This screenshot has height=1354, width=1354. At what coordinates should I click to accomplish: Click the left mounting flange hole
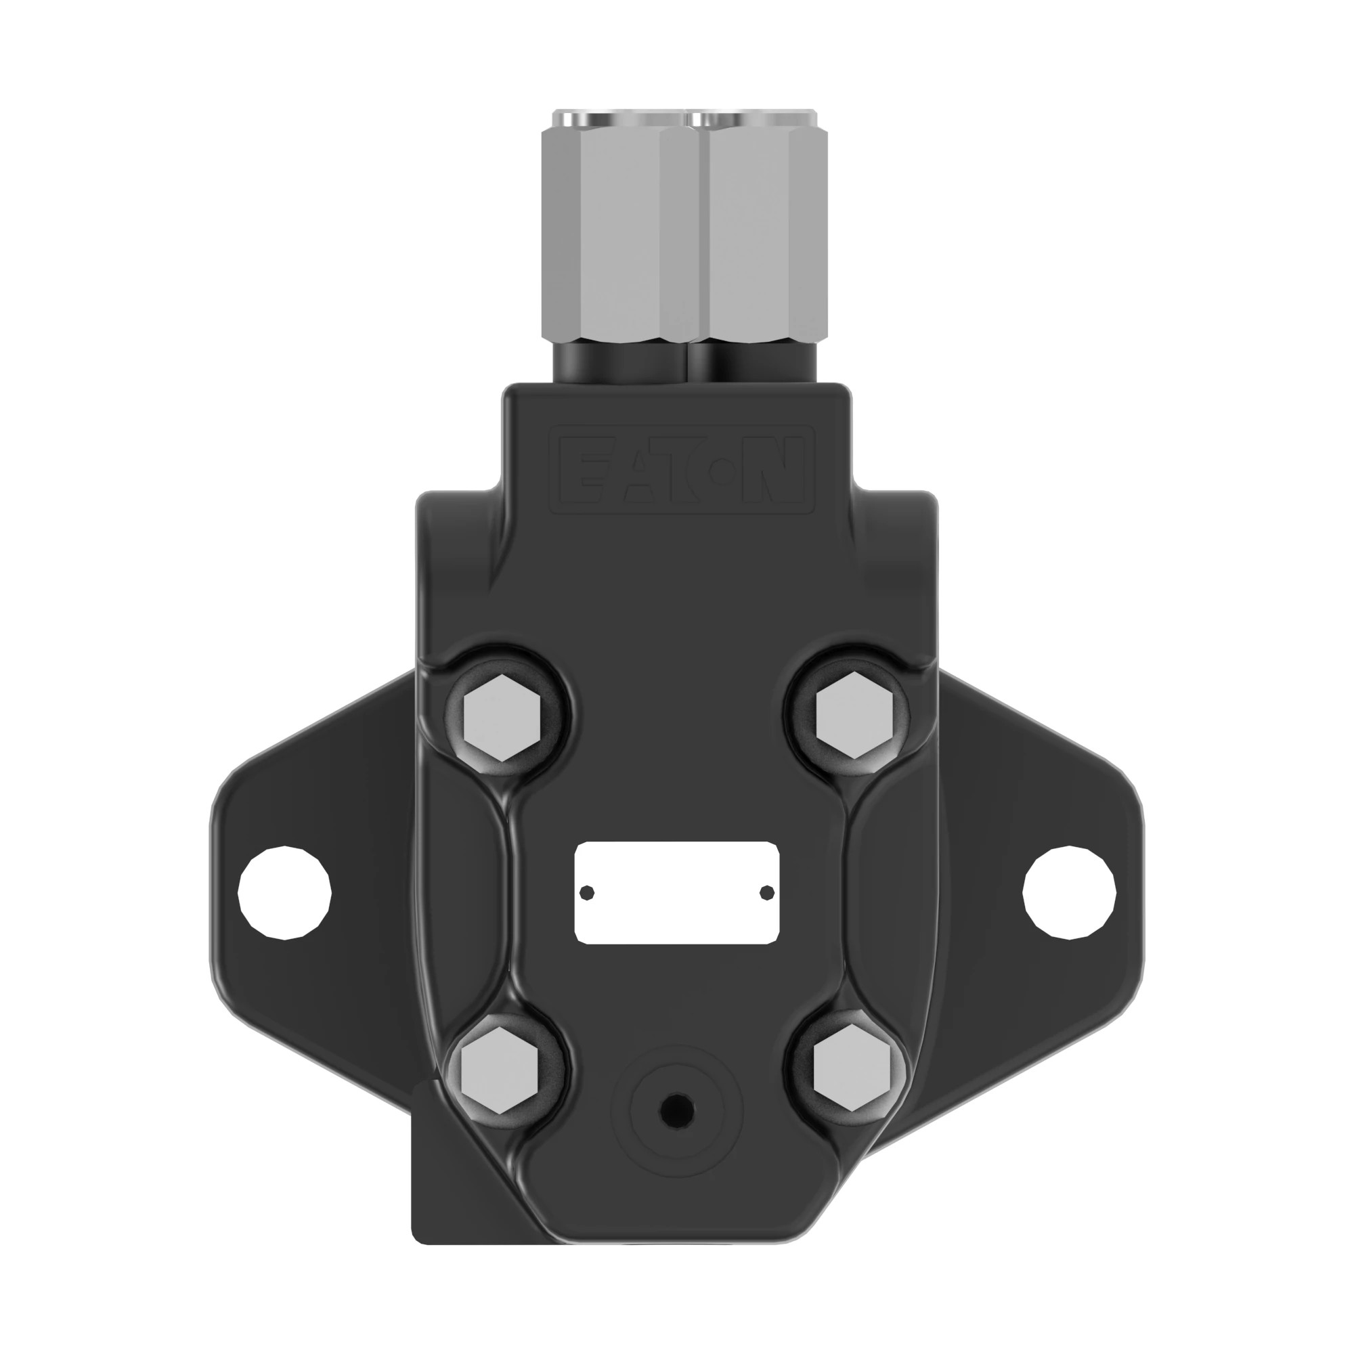[284, 893]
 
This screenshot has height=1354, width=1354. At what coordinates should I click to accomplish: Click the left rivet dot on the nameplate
[587, 892]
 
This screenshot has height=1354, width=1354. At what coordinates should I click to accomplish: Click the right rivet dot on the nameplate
[767, 892]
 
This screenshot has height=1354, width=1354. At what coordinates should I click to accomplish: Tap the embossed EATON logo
[681, 471]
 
